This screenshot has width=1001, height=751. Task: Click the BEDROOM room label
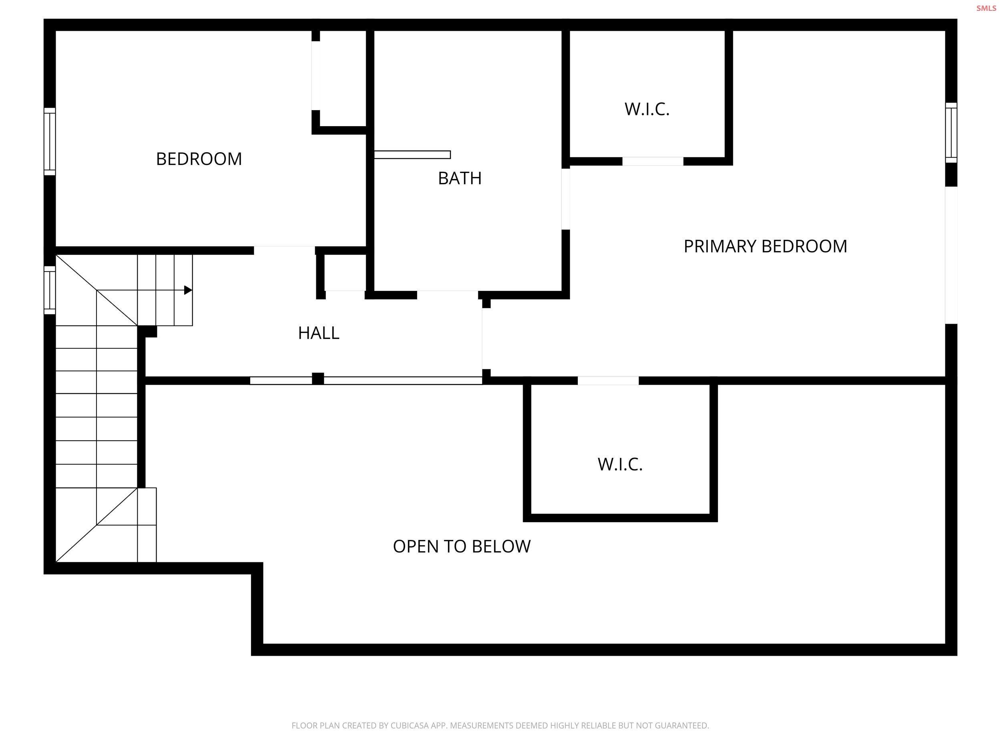tap(199, 159)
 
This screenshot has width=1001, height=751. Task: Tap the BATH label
tap(459, 178)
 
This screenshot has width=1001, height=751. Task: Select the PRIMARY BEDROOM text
tap(765, 246)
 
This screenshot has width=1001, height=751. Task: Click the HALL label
tap(319, 333)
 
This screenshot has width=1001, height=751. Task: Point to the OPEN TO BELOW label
tap(462, 546)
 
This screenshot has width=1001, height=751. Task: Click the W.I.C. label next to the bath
tap(647, 109)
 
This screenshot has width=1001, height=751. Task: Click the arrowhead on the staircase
tap(188, 290)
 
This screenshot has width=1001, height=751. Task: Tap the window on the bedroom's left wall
tap(49, 141)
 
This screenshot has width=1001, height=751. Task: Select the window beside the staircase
tap(49, 290)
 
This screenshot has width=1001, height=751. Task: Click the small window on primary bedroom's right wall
tap(951, 132)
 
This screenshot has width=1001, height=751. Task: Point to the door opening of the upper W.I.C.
tap(652, 161)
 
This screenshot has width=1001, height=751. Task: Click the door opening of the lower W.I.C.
tap(608, 380)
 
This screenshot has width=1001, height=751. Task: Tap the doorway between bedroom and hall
tap(284, 250)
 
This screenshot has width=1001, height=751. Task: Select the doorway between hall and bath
tap(447, 295)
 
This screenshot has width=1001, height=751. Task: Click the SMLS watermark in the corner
tap(986, 8)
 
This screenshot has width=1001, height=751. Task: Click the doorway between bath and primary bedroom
tap(565, 199)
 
